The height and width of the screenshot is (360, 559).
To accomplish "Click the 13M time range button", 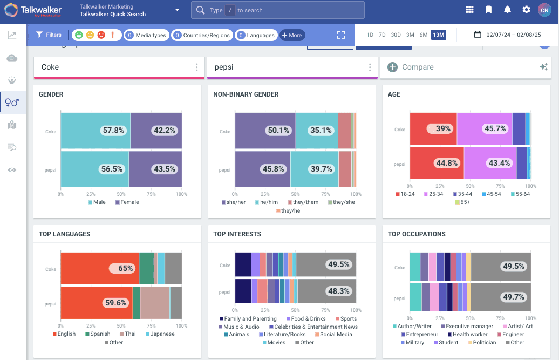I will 439,35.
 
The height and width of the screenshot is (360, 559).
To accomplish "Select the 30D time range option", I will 396,35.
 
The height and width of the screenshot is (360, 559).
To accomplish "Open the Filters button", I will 49,35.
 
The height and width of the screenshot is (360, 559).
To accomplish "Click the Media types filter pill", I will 146,35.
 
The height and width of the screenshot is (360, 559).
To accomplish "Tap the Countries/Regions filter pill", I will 202,35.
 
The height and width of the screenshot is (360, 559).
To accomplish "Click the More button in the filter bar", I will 292,35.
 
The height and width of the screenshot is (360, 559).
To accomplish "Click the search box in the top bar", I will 277,10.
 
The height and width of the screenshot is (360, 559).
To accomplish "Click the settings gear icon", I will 526,10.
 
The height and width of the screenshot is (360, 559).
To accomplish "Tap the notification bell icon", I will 507,10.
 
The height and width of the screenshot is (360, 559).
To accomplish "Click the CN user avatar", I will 544,10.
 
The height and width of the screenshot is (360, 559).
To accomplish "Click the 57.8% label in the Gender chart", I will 113,130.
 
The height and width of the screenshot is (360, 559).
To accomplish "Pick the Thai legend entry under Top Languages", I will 128,334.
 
